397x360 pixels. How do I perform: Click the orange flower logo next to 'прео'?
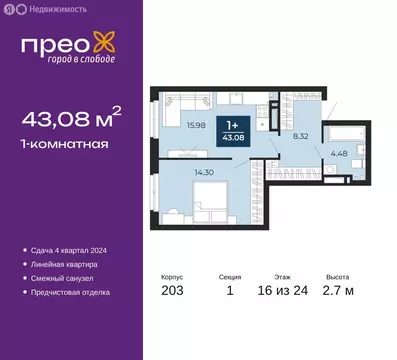[103, 41]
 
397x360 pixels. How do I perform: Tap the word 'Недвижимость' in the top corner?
[52, 8]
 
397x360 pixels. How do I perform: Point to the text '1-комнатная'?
[64, 143]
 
